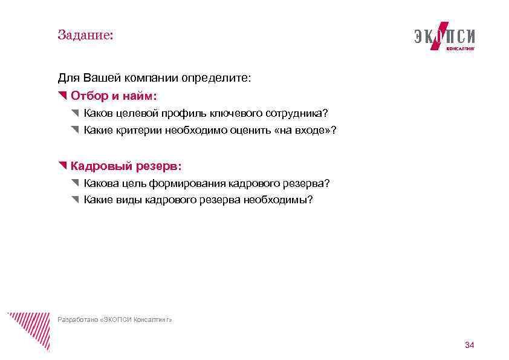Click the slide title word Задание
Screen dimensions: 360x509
[85, 35]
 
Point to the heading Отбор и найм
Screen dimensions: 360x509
[114, 96]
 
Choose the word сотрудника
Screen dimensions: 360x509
[297, 113]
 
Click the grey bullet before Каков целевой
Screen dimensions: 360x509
[74, 113]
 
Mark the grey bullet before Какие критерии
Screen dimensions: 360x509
[74, 130]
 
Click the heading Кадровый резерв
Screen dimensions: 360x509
[126, 166]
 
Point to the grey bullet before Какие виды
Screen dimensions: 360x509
[74, 200]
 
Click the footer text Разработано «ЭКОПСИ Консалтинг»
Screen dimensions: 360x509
[114, 319]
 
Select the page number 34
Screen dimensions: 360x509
[469, 345]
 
